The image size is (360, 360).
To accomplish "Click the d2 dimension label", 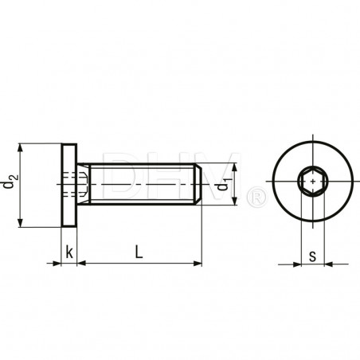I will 9,185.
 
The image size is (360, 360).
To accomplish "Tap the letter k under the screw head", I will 69,252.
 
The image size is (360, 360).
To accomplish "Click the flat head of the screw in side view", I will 69,185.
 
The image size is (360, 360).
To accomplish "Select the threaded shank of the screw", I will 139,185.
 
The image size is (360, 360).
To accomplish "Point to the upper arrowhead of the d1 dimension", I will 235,168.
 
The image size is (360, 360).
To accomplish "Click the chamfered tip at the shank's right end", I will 197,185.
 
